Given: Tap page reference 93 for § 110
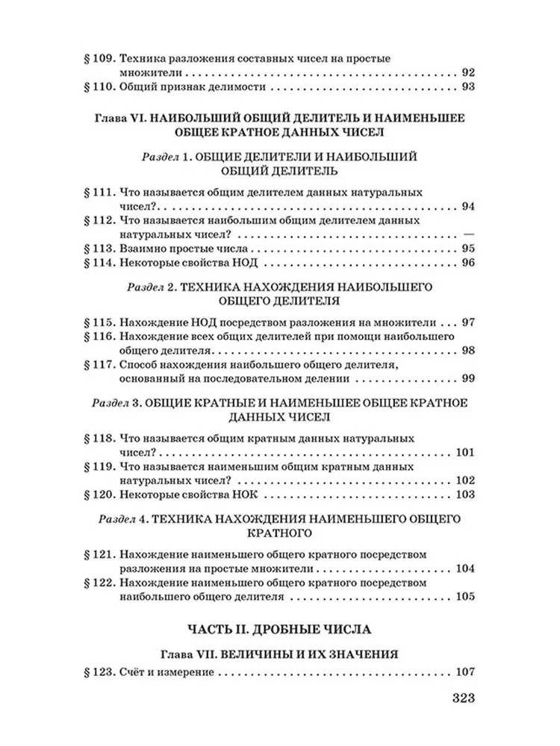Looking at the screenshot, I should click(x=468, y=89).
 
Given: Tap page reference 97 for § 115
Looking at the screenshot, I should click(x=468, y=323).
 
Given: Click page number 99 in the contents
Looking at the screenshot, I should click(x=468, y=379).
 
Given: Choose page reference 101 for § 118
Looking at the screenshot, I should click(x=464, y=453).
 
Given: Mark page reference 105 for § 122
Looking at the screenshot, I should click(x=464, y=597).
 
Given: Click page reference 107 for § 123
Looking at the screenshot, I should click(x=464, y=673).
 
